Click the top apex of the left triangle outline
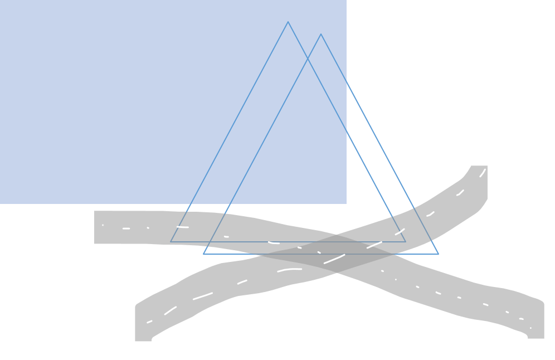point(288,22)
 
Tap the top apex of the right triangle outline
point(321,35)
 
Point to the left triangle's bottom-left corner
point(171,242)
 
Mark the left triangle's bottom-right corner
point(406,242)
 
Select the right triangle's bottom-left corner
point(203,254)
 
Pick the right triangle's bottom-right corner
point(439,254)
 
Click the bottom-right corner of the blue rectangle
point(346,203)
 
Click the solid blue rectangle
point(139,100)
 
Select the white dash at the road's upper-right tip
point(483,173)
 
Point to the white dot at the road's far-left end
point(103,225)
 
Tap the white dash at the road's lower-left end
point(149,322)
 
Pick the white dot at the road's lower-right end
point(530,328)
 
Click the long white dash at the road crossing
point(334,259)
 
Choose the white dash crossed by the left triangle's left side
point(183,227)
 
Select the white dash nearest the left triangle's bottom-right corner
point(400,232)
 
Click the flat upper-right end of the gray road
point(479,166)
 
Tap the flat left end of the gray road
point(95,227)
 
